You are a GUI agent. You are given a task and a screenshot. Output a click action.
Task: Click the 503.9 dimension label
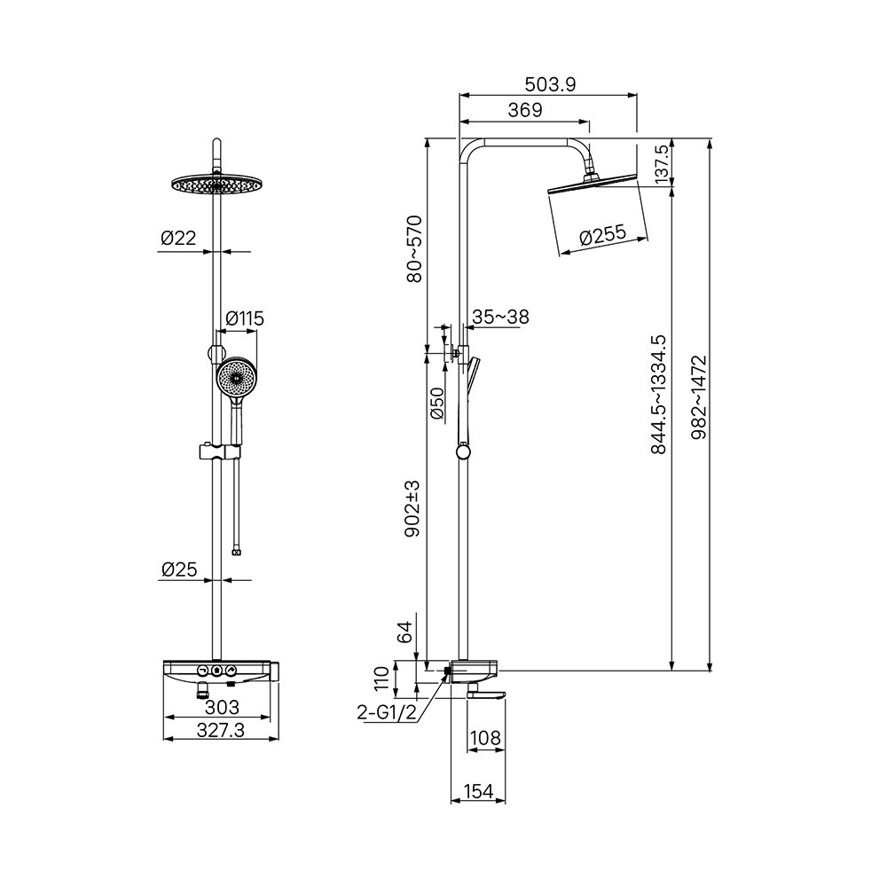[x=550, y=84]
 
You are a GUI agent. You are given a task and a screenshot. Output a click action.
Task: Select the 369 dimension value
[x=525, y=110]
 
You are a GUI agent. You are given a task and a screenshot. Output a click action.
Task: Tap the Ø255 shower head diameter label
[x=603, y=235]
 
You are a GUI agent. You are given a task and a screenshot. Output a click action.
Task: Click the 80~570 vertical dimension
[x=414, y=248]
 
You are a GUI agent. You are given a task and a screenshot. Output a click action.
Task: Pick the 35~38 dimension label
[x=500, y=317]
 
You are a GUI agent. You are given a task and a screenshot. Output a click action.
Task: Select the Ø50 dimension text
[x=437, y=404]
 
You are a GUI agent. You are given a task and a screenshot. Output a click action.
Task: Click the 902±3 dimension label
[x=412, y=508]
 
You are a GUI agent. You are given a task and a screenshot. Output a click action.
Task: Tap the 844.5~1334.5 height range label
[x=659, y=395]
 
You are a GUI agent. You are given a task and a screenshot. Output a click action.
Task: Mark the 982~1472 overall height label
[x=700, y=396]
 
